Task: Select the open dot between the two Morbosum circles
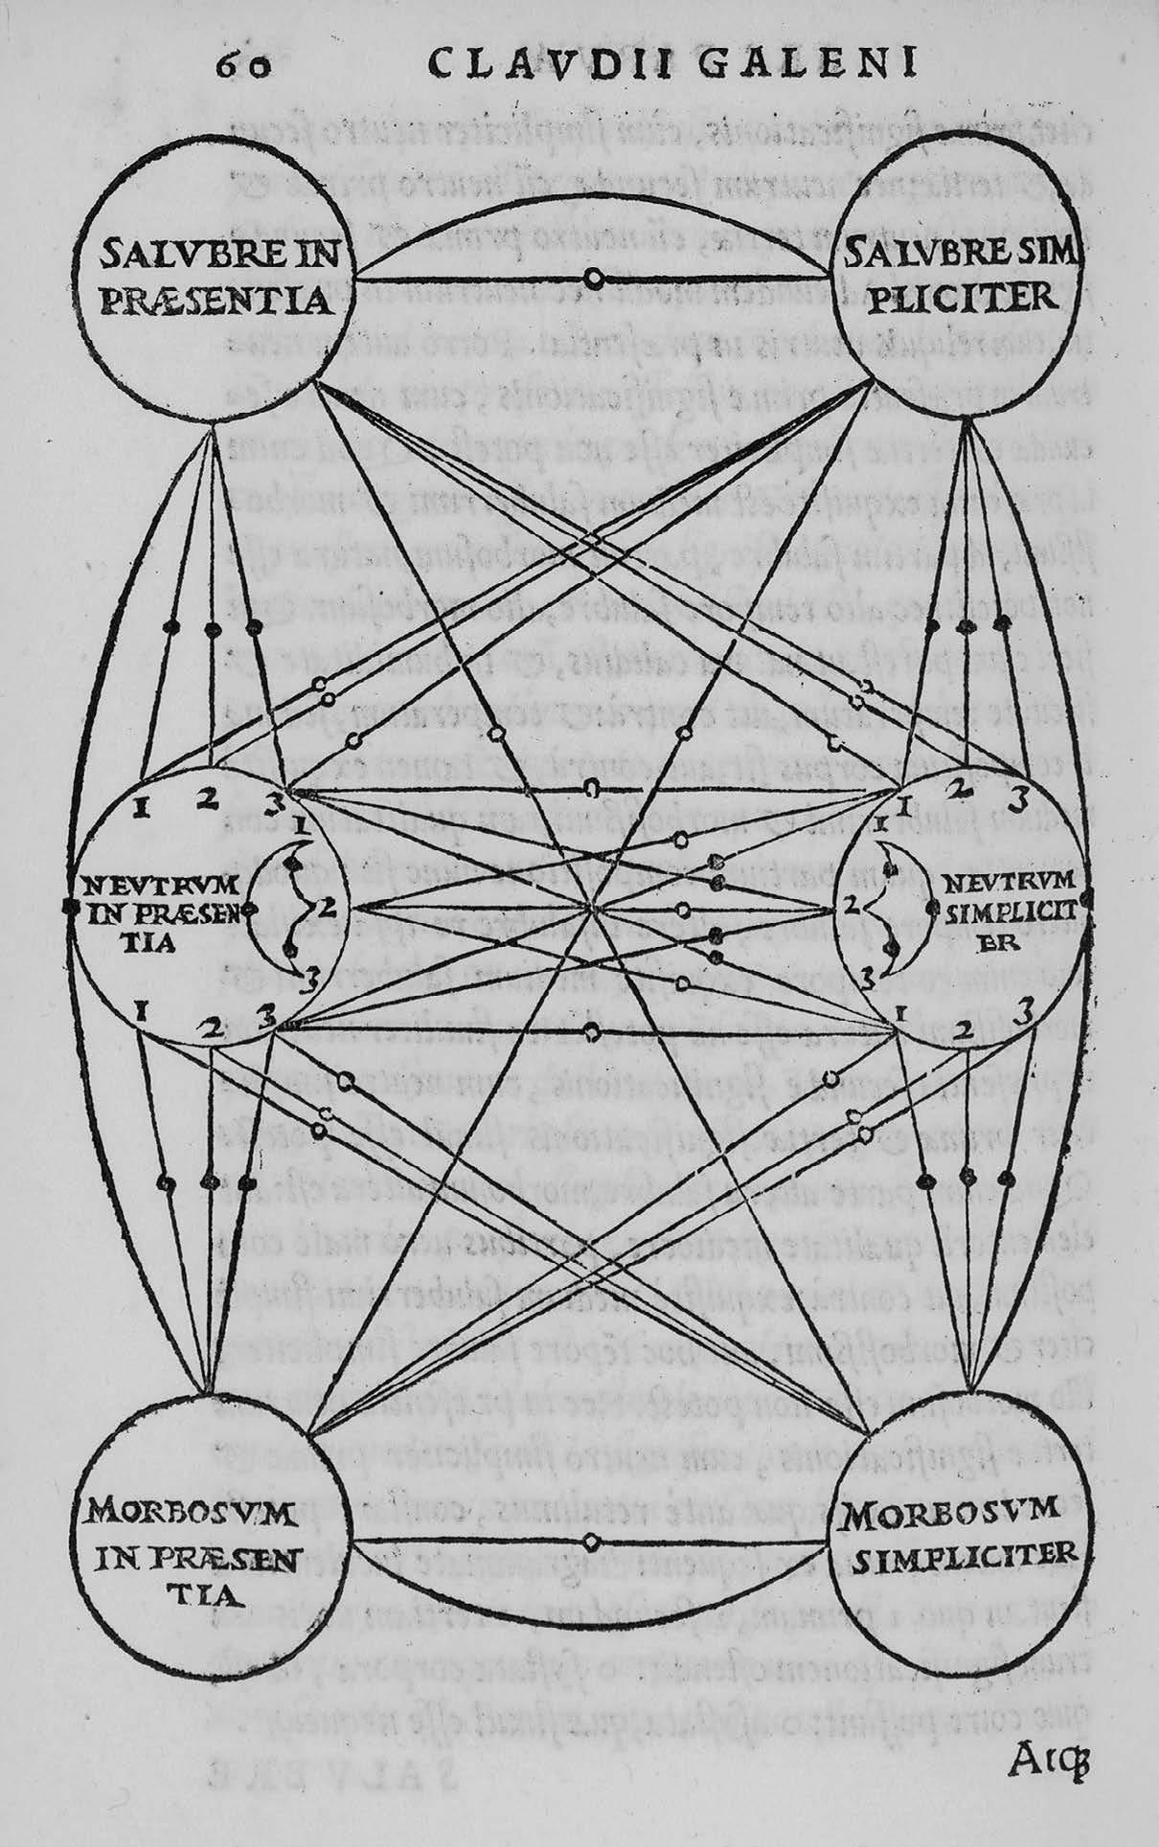coord(591,1541)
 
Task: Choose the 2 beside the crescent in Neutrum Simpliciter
coord(847,902)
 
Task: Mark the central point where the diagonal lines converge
coord(595,908)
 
